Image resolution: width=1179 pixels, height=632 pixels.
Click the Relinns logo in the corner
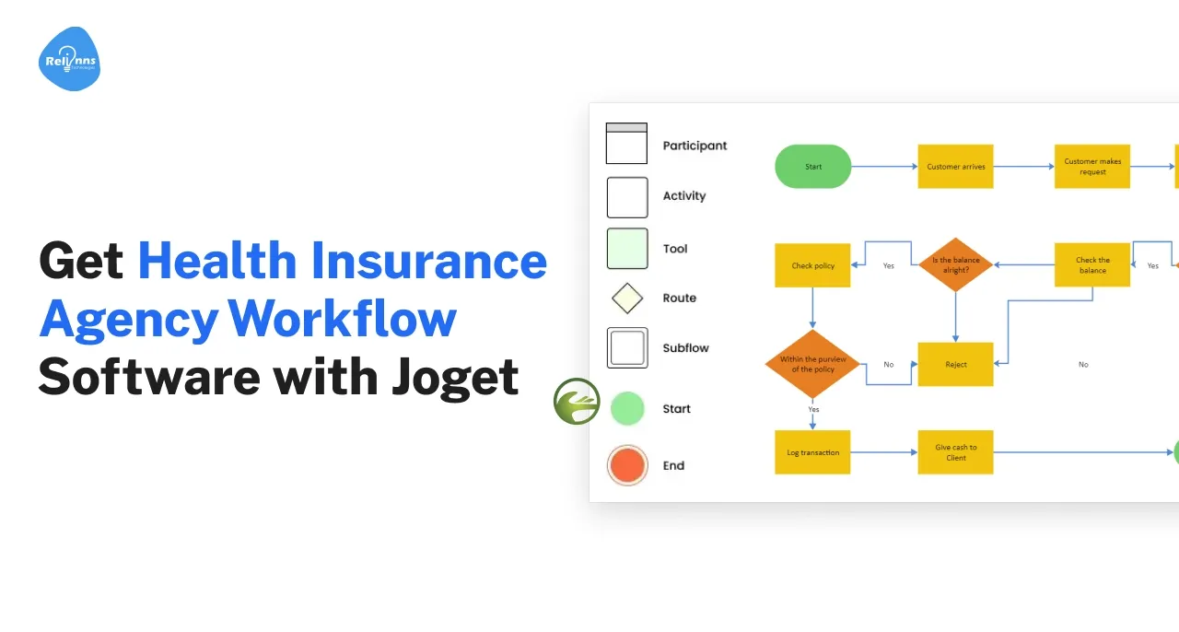coord(69,60)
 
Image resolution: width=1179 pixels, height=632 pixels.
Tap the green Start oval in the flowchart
coord(813,167)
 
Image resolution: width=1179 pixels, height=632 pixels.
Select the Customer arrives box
coord(955,167)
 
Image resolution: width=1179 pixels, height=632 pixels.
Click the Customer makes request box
coord(1091,167)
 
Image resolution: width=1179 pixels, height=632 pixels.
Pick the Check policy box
coord(812,265)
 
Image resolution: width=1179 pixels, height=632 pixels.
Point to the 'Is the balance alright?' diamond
coord(955,264)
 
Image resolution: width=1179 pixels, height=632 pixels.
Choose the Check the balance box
coord(1091,265)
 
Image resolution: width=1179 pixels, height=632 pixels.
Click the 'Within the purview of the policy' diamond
coord(812,364)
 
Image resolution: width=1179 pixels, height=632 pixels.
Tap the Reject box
coord(955,364)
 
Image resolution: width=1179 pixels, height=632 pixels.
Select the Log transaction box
coord(812,452)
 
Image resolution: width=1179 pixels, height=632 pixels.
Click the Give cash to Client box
coord(955,452)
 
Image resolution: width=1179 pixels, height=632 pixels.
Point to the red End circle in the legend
coord(627,465)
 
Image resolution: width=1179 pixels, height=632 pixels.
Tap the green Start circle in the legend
coord(627,408)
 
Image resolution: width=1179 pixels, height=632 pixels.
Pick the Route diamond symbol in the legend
coord(627,298)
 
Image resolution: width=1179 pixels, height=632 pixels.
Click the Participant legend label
coord(695,146)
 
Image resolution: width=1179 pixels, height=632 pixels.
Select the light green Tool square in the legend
coord(627,249)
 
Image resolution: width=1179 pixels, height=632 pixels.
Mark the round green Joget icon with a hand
coord(577,402)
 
